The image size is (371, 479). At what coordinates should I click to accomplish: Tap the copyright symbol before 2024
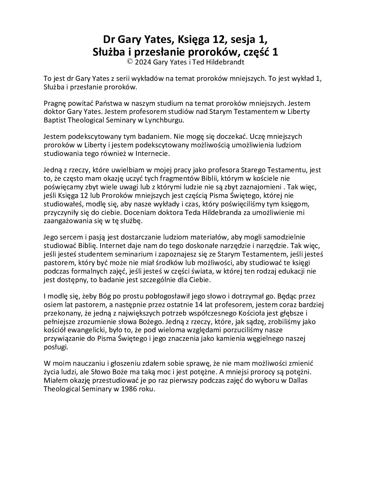130,62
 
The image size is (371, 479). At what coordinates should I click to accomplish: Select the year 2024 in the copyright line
143,62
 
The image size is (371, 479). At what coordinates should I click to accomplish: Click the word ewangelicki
93,330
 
